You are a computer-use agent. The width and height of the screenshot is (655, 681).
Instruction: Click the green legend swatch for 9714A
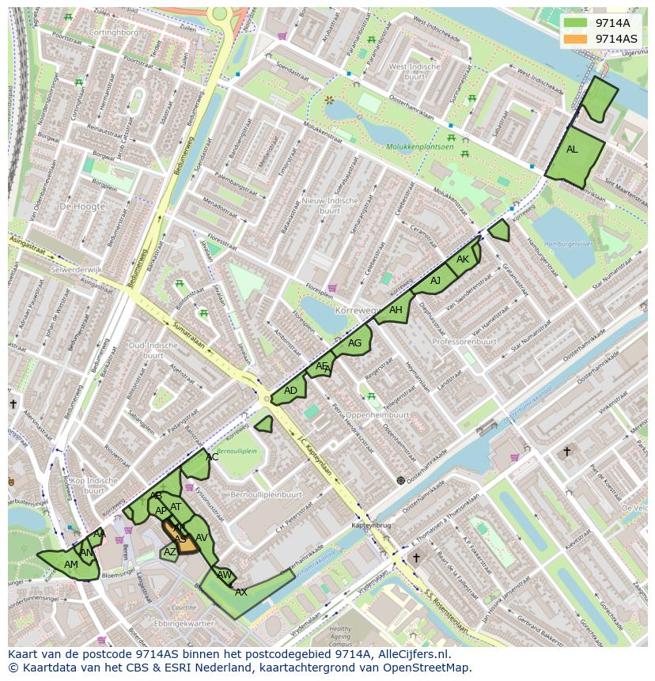click(577, 23)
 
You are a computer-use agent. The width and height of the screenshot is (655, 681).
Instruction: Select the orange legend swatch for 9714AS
click(577, 39)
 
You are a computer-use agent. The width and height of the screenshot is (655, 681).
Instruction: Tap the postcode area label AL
click(572, 149)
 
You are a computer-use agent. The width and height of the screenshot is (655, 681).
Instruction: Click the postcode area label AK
click(463, 259)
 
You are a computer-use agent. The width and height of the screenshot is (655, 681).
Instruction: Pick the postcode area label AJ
click(435, 281)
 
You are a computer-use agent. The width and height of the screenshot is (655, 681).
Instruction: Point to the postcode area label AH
click(396, 310)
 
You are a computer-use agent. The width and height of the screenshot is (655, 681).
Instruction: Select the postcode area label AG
click(354, 343)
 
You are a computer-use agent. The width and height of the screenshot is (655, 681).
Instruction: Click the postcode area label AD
click(290, 391)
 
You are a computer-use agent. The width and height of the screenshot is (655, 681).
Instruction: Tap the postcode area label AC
click(212, 457)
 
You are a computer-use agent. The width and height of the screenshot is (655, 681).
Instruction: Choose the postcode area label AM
click(71, 565)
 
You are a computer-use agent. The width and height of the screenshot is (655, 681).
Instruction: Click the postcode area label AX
click(241, 592)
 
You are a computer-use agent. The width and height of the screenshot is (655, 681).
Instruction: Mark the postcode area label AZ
click(170, 552)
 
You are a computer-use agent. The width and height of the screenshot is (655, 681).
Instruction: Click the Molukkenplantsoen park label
click(420, 147)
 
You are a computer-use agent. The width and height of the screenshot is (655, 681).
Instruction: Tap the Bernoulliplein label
click(237, 451)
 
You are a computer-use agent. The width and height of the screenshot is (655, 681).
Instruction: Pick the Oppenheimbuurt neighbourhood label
click(377, 414)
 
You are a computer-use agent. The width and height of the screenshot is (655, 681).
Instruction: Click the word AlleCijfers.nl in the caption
click(411, 654)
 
